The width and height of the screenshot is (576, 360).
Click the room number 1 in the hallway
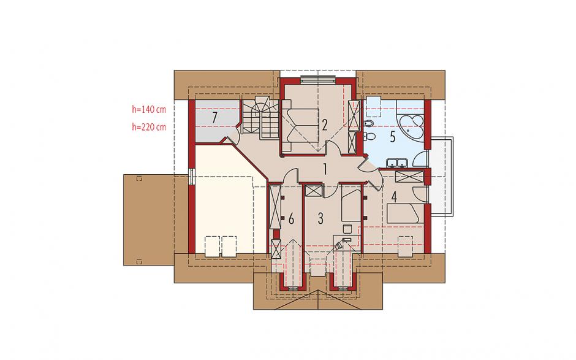(x=325, y=169)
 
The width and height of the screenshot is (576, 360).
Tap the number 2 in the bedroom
(x=324, y=125)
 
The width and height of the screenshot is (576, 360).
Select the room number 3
(x=320, y=218)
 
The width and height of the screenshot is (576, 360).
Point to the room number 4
(x=394, y=197)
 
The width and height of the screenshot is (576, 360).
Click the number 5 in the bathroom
(x=393, y=137)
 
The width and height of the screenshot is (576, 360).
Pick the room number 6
(x=291, y=219)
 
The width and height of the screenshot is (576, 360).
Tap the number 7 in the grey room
(x=215, y=118)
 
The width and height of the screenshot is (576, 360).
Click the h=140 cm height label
(x=149, y=109)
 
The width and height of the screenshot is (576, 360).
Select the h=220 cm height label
(x=149, y=127)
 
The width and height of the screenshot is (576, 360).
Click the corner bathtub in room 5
(x=411, y=126)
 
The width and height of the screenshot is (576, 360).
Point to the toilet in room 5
(x=369, y=136)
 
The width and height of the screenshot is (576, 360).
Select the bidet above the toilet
(x=369, y=123)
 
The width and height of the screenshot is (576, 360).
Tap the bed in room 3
(x=351, y=203)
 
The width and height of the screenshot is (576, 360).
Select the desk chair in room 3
(x=347, y=229)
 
